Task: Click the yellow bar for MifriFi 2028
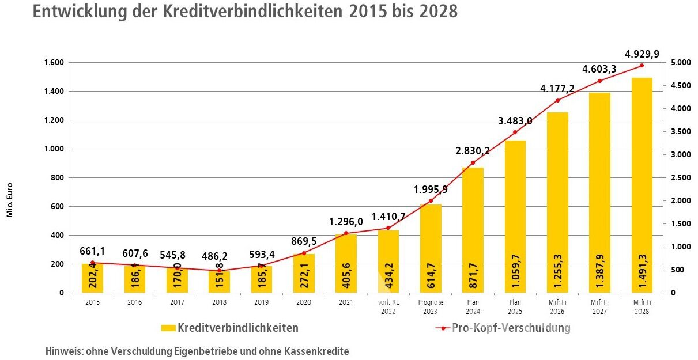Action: click(642, 184)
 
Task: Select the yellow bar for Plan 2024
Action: click(473, 230)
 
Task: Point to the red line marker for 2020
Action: click(304, 253)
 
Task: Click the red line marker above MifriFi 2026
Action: click(557, 101)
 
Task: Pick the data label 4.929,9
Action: click(642, 55)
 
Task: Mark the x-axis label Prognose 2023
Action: click(431, 306)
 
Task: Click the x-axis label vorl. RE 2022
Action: click(388, 306)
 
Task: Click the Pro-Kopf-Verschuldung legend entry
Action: click(501, 328)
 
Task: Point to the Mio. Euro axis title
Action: click(10, 200)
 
